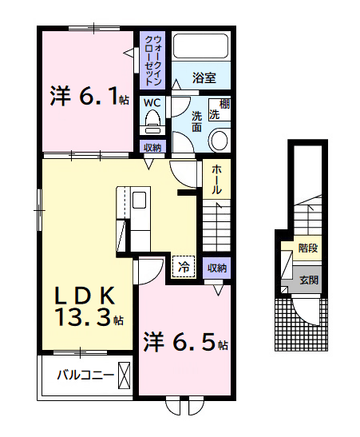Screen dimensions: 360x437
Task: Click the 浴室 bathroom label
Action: tap(204, 77)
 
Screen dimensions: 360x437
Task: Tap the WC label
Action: tap(152, 102)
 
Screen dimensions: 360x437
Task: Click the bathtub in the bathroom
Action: tap(200, 46)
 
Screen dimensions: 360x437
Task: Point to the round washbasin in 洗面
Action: tap(220, 141)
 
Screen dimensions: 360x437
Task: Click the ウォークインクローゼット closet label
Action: tap(153, 60)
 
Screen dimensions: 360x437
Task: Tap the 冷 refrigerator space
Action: tap(184, 267)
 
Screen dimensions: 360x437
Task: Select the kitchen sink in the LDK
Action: tap(139, 200)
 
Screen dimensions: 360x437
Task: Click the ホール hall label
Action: tap(216, 179)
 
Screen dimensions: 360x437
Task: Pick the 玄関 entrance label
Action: tap(309, 280)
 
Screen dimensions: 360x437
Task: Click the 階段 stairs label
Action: tap(308, 248)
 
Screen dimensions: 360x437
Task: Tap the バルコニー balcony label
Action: tap(85, 375)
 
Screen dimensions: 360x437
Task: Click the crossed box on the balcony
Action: tap(125, 375)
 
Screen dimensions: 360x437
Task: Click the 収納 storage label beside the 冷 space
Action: tap(217, 268)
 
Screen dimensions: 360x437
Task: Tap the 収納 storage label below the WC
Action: tap(152, 148)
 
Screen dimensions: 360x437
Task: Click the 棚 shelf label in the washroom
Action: tap(224, 105)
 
